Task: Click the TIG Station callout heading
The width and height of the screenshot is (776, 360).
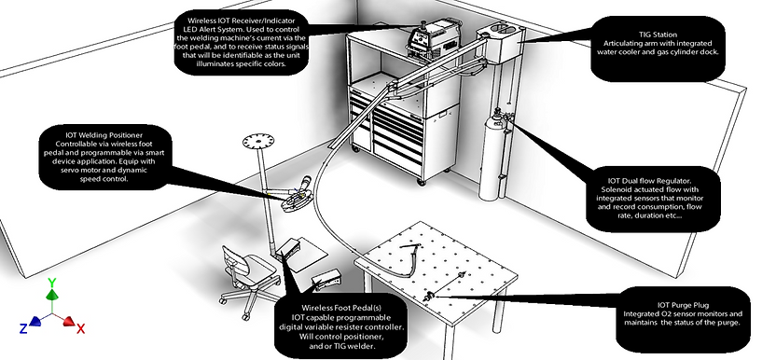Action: [658, 35]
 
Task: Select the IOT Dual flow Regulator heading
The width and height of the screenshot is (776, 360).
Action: [652, 181]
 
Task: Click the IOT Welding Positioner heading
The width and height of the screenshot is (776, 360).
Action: [104, 134]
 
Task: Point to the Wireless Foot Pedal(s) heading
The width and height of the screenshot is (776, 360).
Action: [341, 308]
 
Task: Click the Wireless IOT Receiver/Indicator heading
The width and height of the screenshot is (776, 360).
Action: [241, 21]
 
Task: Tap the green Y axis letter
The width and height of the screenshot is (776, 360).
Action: [52, 284]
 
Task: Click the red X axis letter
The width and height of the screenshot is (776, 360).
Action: [80, 328]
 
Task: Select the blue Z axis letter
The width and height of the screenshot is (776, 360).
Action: [23, 328]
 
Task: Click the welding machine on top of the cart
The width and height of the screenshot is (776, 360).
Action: [432, 36]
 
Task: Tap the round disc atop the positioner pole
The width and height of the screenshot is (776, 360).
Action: [257, 142]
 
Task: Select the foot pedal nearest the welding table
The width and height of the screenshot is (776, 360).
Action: [326, 280]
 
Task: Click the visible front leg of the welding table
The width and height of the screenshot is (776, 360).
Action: [449, 342]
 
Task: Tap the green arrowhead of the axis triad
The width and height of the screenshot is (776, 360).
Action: [52, 295]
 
